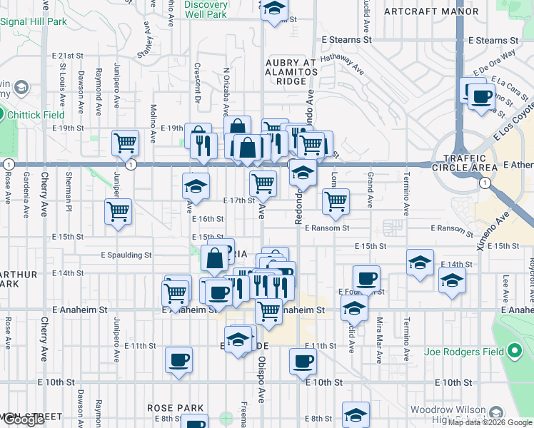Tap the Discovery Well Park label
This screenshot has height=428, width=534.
pos(206,9)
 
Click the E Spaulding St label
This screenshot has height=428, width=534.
pos(126,255)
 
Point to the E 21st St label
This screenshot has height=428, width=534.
pos(68,56)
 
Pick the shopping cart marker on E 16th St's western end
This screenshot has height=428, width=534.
pos(118,211)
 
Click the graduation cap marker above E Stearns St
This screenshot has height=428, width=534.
pos(273,10)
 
